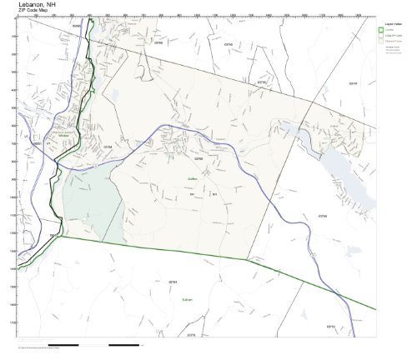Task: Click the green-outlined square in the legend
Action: tap(382, 32)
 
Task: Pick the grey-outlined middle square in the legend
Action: tap(382, 38)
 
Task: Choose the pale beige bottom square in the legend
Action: tap(382, 45)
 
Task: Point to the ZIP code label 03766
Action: tap(198, 157)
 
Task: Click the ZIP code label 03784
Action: tap(107, 147)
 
